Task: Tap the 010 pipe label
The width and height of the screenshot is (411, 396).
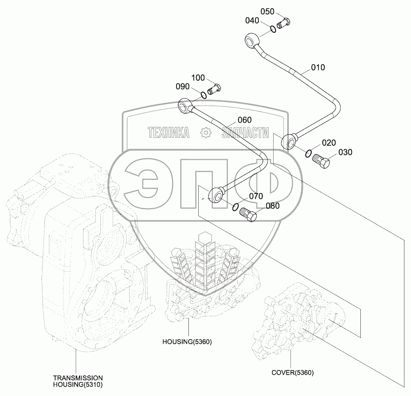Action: tap(318, 67)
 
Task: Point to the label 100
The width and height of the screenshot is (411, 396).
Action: tap(198, 77)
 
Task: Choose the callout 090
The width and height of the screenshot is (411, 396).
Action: tap(182, 86)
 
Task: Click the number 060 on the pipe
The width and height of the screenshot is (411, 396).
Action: tap(244, 120)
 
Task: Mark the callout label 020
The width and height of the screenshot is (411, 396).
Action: tap(329, 143)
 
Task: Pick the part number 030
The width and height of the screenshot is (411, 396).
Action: tap(346, 152)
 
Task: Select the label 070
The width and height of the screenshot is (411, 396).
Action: tap(255, 196)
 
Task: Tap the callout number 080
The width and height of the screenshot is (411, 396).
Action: tap(273, 206)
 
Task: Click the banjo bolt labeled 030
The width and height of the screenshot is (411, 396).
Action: tap(321, 161)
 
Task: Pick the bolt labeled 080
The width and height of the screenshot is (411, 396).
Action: tap(248, 215)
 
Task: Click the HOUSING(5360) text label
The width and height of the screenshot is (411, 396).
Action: tap(187, 342)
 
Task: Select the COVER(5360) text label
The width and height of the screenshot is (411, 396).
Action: tap(293, 373)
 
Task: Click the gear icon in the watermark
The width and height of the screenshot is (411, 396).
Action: tap(205, 133)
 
